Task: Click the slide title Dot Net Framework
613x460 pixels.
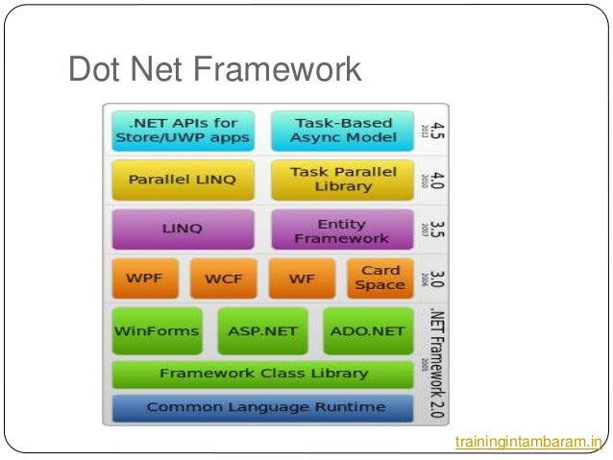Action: [x=214, y=69]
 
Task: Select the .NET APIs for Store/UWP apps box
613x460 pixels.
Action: [x=183, y=130]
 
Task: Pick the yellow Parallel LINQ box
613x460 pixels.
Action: [x=183, y=179]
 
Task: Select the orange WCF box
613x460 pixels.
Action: [x=223, y=278]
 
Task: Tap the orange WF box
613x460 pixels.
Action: [x=301, y=278]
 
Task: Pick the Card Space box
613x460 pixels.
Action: [x=379, y=278]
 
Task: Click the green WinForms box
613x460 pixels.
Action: [x=157, y=331]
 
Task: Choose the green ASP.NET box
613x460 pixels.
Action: [x=262, y=331]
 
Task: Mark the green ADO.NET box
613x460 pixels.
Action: [x=368, y=331]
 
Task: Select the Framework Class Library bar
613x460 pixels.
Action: [x=262, y=374]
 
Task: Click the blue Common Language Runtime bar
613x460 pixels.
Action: [x=262, y=407]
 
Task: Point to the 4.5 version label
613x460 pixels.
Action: [x=435, y=130]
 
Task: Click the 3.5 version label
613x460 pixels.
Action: [x=435, y=230]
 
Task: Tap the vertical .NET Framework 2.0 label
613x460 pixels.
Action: [x=435, y=360]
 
